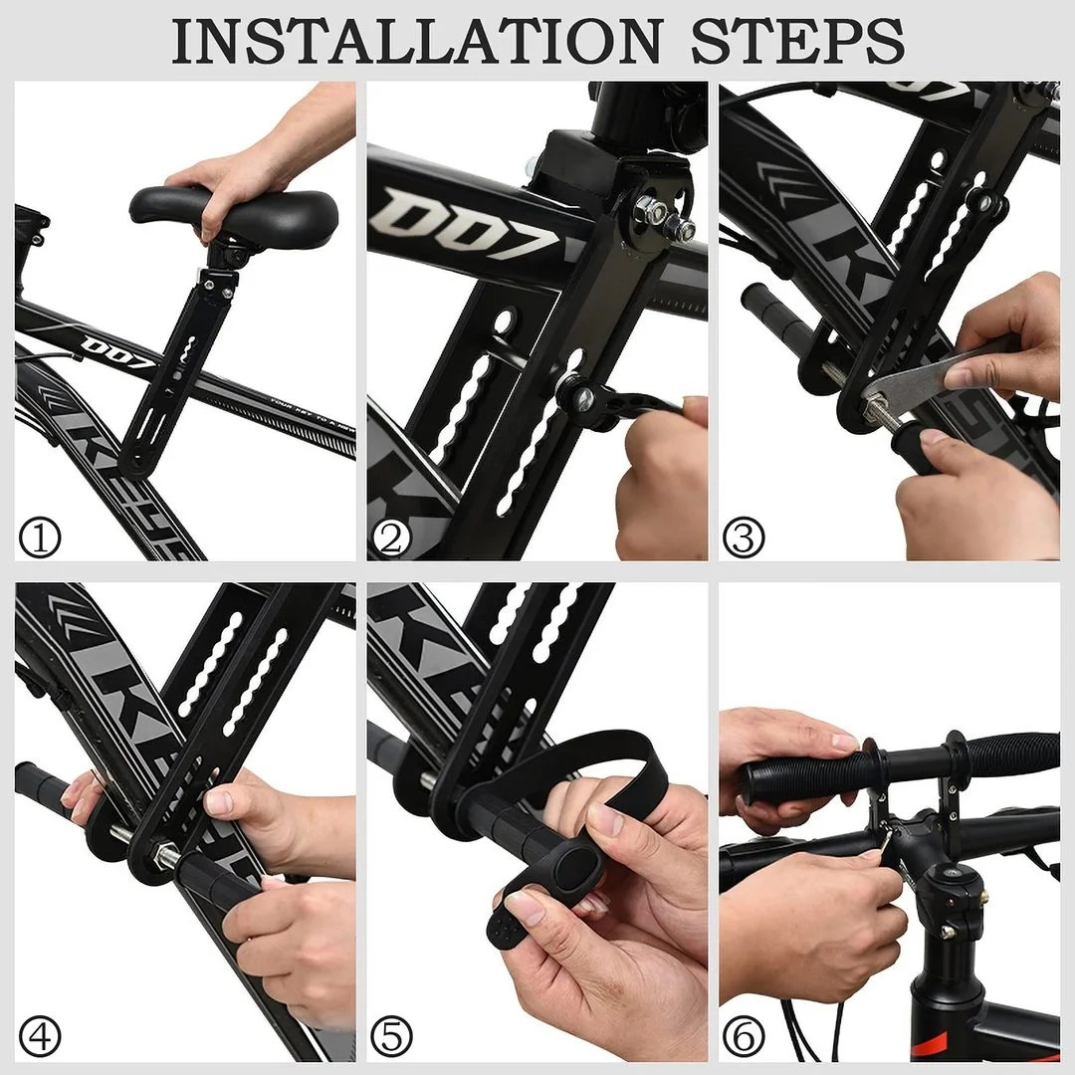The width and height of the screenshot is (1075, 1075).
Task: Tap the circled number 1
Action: [40, 538]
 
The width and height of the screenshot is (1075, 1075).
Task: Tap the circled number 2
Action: [391, 538]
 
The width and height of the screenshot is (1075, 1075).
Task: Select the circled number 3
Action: [744, 538]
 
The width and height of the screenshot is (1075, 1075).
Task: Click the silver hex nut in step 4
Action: [166, 854]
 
